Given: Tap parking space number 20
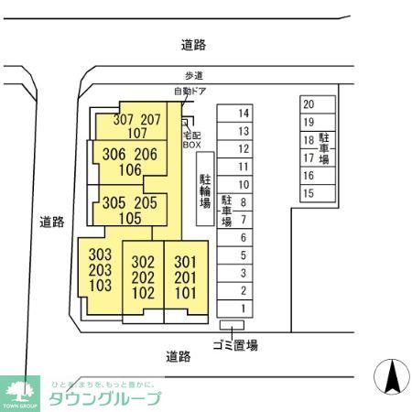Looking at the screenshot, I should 309,104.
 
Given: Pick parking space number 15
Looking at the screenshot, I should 309,192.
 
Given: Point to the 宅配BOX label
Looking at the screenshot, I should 191,138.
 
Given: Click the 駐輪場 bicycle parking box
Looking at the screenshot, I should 205,188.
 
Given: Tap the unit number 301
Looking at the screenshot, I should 185,262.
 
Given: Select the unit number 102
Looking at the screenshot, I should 143,293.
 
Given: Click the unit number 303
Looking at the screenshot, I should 100,254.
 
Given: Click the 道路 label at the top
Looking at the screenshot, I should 194,44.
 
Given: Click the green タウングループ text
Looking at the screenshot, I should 104,398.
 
